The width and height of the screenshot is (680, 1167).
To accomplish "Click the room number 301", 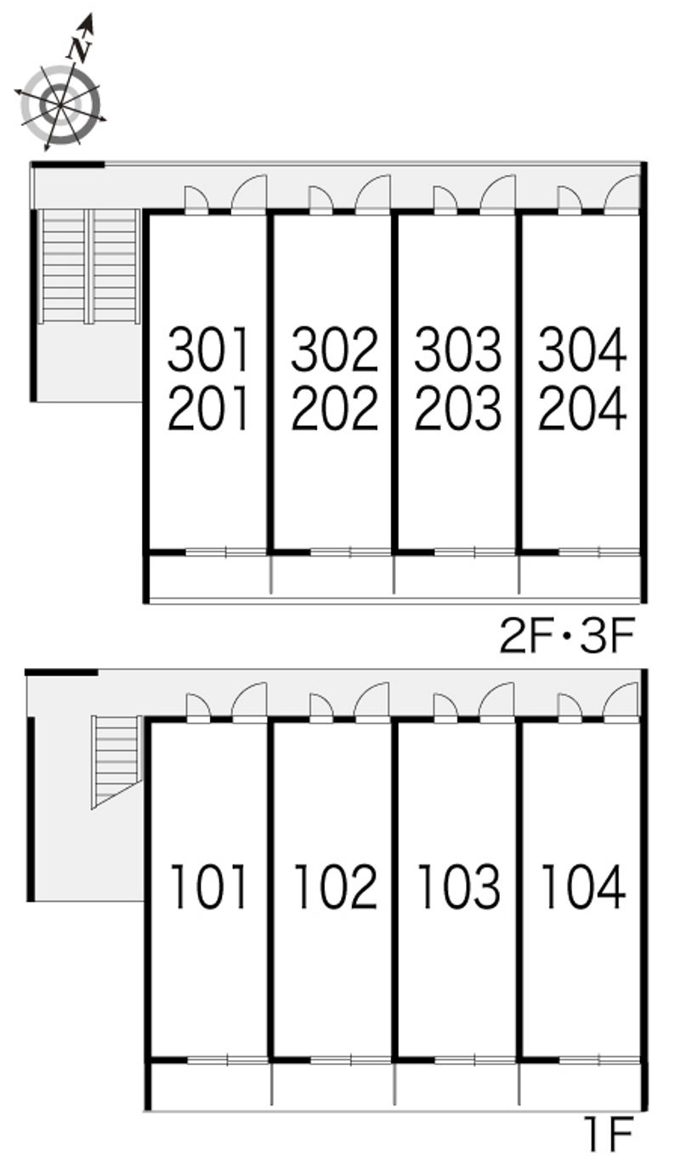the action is pos(208,349).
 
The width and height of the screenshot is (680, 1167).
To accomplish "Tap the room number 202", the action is pos(334,407).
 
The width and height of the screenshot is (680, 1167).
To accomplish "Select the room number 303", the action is pos(458,349).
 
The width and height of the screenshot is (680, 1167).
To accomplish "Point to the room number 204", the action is pos(582,407).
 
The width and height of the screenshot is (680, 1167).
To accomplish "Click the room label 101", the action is pos(208,887).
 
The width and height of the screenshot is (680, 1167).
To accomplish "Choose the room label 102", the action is pos(335,887).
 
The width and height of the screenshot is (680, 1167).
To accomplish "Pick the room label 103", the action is pos(458,887).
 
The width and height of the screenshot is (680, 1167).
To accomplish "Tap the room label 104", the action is pos(583,887).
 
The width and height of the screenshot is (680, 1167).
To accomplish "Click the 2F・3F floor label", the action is pos(567,635).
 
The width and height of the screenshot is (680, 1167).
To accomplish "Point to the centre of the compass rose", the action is pos(60,105).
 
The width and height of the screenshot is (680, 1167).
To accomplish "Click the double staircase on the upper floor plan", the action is pos(90,266).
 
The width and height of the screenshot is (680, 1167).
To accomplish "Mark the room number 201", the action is pos(208,407).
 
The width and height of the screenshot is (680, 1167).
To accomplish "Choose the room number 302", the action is pos(334,349).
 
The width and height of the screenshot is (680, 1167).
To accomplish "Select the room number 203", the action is pos(458,407).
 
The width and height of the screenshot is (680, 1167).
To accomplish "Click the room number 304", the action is pos(582,349).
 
